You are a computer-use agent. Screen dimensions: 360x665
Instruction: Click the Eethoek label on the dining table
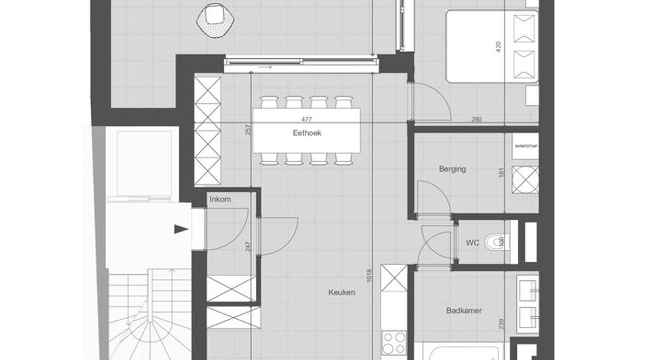click(307, 133)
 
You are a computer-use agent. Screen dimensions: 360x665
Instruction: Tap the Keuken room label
click(342, 293)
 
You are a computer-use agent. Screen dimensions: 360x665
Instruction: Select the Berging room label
click(452, 169)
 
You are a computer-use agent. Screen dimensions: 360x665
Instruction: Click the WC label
click(472, 243)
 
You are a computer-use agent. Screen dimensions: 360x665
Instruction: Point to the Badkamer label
click(464, 311)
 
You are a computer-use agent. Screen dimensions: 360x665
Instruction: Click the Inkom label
click(220, 199)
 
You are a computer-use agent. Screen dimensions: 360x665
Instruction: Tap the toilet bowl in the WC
click(496, 242)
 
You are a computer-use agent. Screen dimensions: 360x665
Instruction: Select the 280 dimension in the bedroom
click(476, 119)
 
